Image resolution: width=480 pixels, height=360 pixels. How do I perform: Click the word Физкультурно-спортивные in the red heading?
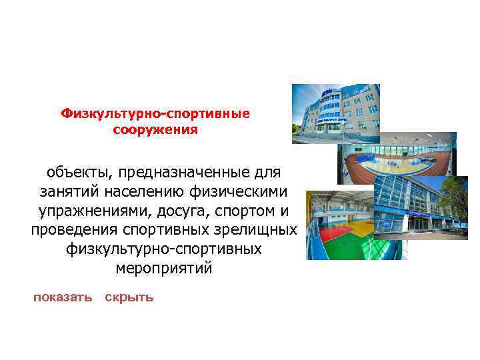coord(155,113)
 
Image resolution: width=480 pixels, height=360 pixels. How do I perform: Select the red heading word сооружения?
coord(155,129)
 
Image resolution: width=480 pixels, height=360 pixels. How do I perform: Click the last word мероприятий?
coord(163,269)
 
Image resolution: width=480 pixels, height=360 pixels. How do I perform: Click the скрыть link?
coord(129,297)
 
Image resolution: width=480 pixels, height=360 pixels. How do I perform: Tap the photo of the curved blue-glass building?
coord(335,113)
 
